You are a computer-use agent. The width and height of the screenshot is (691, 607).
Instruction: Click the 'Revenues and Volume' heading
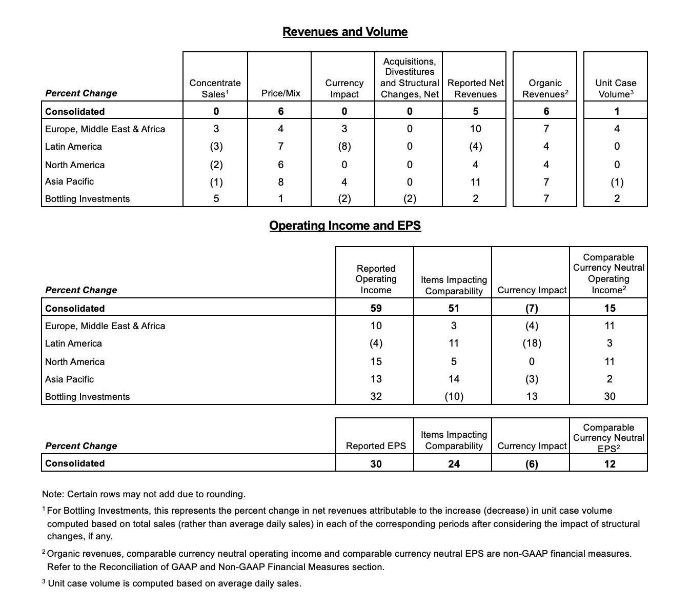point(345,32)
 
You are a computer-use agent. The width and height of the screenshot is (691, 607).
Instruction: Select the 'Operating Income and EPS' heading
point(345,226)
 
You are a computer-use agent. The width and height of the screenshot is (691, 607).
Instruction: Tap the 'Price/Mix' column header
point(280,93)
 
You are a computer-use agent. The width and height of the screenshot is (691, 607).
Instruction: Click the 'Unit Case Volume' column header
point(616,88)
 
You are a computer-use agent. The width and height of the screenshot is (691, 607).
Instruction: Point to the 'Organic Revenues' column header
point(545,88)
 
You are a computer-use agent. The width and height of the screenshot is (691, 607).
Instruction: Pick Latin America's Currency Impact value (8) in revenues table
point(344,147)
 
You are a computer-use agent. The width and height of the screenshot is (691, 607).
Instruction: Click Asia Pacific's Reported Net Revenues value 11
point(475,182)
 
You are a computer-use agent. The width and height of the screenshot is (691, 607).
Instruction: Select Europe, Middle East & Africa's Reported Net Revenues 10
point(475,129)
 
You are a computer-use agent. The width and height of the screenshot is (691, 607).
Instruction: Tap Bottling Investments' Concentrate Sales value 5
point(216,198)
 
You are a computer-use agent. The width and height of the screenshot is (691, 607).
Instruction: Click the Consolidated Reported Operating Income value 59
point(376,308)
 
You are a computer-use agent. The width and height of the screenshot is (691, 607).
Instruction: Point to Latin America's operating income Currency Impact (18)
point(532,343)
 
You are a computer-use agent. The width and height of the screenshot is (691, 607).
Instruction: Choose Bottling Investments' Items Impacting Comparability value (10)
point(454,396)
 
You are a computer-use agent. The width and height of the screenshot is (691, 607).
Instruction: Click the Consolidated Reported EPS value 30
point(376,464)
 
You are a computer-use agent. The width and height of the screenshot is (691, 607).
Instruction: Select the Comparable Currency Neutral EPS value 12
point(609,464)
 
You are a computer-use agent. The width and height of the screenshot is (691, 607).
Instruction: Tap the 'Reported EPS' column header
point(376,446)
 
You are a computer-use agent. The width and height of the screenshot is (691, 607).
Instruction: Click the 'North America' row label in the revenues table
point(75,165)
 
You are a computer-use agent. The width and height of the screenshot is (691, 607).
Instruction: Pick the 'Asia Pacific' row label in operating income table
point(70,379)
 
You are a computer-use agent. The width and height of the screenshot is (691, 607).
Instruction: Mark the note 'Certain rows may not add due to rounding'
point(144,494)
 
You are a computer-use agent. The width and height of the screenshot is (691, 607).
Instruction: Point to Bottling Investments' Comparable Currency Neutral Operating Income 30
point(609,396)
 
